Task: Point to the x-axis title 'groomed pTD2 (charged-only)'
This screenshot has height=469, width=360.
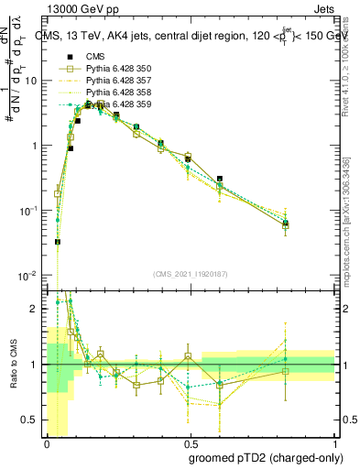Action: [x=266, y=458]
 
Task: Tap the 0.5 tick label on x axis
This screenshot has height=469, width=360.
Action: [x=189, y=442]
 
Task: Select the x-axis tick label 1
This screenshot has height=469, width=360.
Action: [x=333, y=442]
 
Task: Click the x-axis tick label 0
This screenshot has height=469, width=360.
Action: [x=46, y=442]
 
